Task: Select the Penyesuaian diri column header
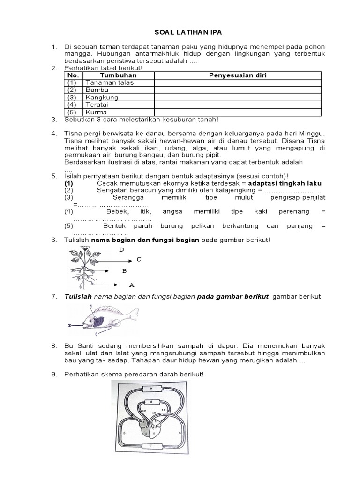[x=238, y=75]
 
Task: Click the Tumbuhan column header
[x=118, y=75]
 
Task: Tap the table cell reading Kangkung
[x=102, y=97]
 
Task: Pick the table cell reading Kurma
[x=96, y=112]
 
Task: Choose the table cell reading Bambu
[x=97, y=90]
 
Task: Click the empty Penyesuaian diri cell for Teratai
[x=238, y=105]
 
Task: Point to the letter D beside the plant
[x=122, y=250]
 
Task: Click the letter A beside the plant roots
[x=132, y=284]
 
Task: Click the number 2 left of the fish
[x=69, y=324]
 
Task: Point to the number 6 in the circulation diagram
[x=180, y=433]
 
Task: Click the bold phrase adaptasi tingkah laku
[x=285, y=183]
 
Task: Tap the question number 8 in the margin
[x=54, y=346]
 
